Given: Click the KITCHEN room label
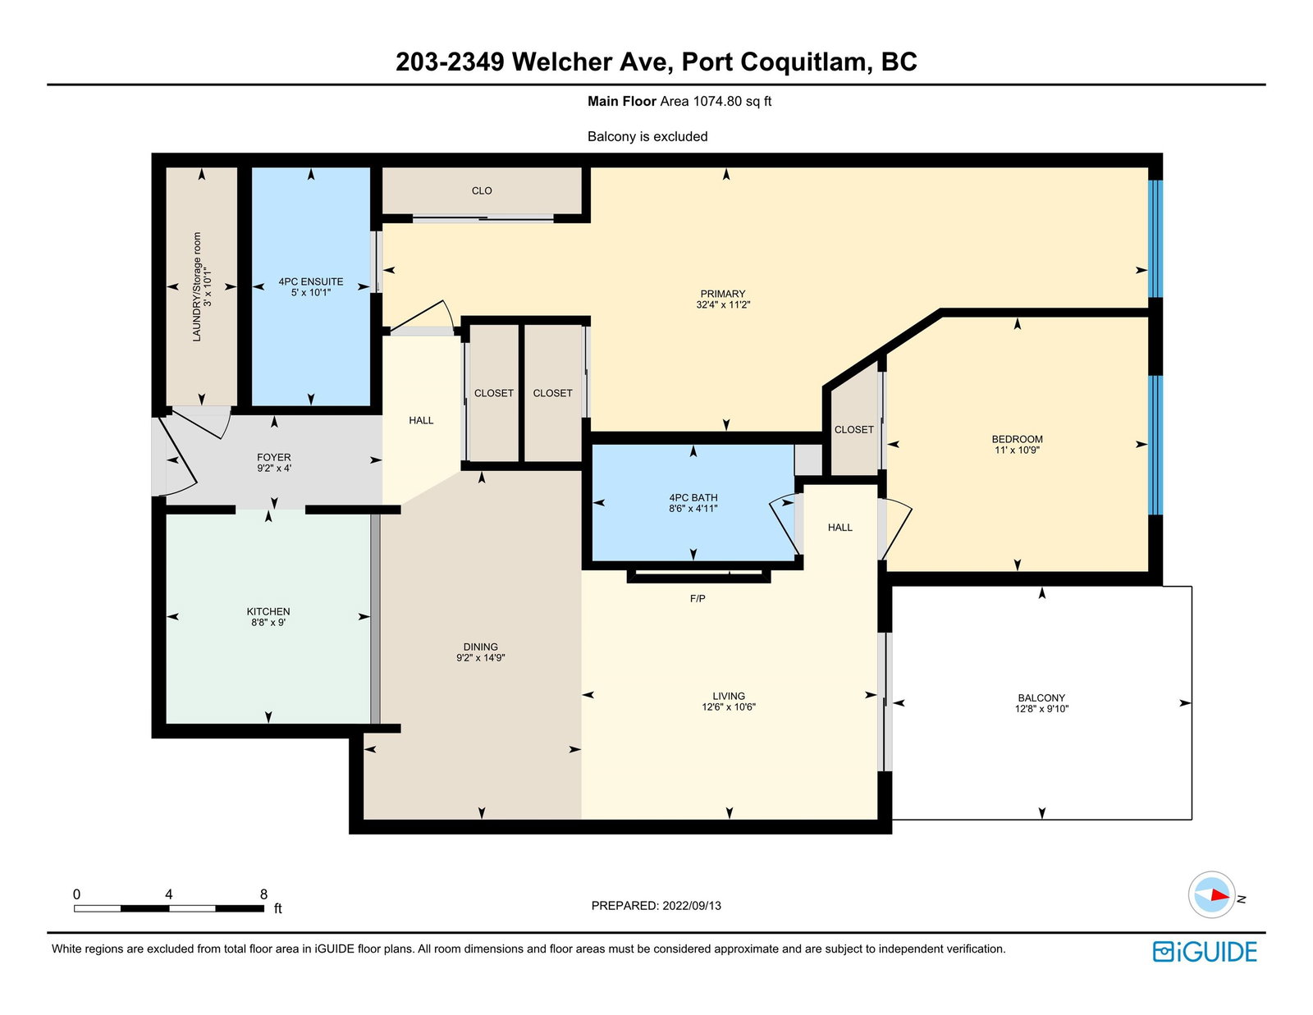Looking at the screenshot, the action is coord(268,611).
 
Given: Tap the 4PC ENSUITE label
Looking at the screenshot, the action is coord(310,281).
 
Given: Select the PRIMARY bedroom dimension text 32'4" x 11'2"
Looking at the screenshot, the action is coord(723,305).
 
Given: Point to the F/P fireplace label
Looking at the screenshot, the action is coord(698,599).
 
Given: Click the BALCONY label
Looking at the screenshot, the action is coord(1041,697).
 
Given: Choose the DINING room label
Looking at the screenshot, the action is coord(480,647).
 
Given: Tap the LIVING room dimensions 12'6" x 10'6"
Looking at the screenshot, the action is coord(729,706).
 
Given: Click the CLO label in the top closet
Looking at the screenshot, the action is coord(482,191).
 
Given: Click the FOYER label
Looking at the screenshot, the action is coord(274,457).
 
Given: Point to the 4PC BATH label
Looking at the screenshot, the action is coord(693,498).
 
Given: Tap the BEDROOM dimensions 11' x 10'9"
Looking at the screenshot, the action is coord(1017,450).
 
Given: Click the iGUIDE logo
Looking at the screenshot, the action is coord(1204,952).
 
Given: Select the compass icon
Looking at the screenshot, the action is coord(1211,894).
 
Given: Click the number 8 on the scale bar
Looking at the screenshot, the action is coord(263,894).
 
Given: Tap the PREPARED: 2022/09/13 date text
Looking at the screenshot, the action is coord(656,906).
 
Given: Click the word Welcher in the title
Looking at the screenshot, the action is coord(562,62).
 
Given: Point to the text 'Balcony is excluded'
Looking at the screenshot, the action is coord(647,136).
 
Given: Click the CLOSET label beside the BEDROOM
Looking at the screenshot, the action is coord(853,430).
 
